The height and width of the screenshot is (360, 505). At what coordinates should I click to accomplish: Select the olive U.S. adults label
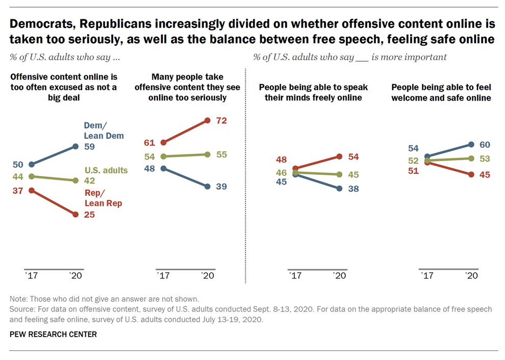(107, 170)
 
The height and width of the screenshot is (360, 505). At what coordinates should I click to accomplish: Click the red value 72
(221, 120)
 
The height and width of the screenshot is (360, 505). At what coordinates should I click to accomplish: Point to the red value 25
(90, 215)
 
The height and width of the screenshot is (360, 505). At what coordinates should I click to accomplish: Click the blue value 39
(221, 187)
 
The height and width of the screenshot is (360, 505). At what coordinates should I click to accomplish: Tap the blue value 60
(485, 145)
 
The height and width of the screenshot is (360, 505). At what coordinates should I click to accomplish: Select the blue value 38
(352, 188)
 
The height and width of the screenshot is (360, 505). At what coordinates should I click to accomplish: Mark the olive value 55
(221, 154)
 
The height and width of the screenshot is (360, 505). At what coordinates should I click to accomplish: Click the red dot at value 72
(208, 120)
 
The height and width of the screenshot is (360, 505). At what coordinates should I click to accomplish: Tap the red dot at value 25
(75, 215)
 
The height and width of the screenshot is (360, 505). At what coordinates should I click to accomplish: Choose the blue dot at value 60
(471, 145)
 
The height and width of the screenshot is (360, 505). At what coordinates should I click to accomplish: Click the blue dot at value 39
(207, 187)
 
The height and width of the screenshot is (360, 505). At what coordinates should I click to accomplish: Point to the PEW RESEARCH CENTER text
(53, 335)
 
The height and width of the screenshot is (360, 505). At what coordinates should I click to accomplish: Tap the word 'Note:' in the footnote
(19, 299)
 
